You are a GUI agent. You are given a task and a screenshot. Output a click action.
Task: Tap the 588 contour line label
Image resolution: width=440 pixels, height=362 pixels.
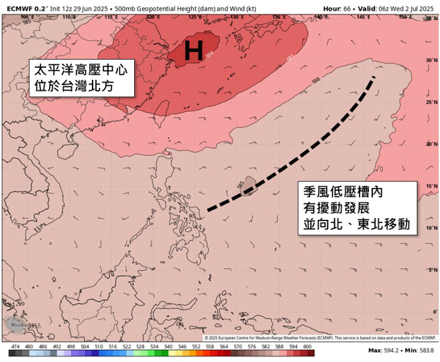click(x=316, y=80)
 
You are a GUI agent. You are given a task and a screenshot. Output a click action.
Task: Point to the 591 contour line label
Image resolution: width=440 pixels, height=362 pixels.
click(x=289, y=59)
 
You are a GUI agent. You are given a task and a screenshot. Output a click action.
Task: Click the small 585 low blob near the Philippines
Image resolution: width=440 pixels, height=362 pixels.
click(x=246, y=185)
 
